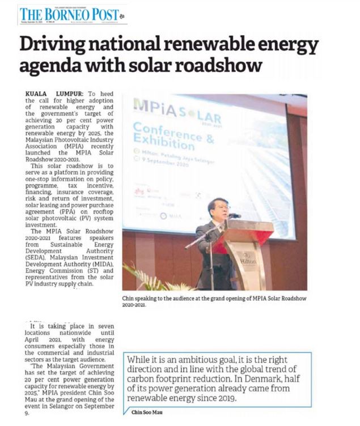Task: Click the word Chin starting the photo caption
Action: coord(128,297)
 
